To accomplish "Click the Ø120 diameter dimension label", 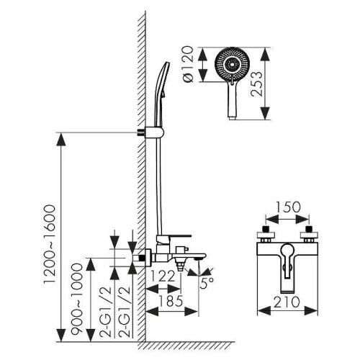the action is [x=188, y=64].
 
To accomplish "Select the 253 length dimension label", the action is [x=257, y=84].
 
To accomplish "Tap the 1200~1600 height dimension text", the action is [x=50, y=244].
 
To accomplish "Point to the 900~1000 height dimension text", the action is [x=77, y=298].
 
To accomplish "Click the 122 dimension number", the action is [x=163, y=276].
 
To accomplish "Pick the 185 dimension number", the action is [x=171, y=301].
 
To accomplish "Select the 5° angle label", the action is [x=207, y=283].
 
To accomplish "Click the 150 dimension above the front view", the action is [x=288, y=207].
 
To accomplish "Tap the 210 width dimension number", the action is [x=287, y=302].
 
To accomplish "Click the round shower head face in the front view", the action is [x=233, y=65].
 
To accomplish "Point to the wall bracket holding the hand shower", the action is [x=151, y=132].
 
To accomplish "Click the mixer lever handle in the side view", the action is [x=174, y=238].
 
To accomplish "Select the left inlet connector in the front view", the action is [x=266, y=234].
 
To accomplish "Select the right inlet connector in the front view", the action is [x=309, y=234].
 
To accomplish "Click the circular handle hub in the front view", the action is [x=287, y=251].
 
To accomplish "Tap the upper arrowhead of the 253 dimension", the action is [x=265, y=54].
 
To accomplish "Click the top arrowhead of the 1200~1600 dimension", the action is [x=61, y=139].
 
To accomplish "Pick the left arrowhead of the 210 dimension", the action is [x=264, y=311].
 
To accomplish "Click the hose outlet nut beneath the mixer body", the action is [x=181, y=266].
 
